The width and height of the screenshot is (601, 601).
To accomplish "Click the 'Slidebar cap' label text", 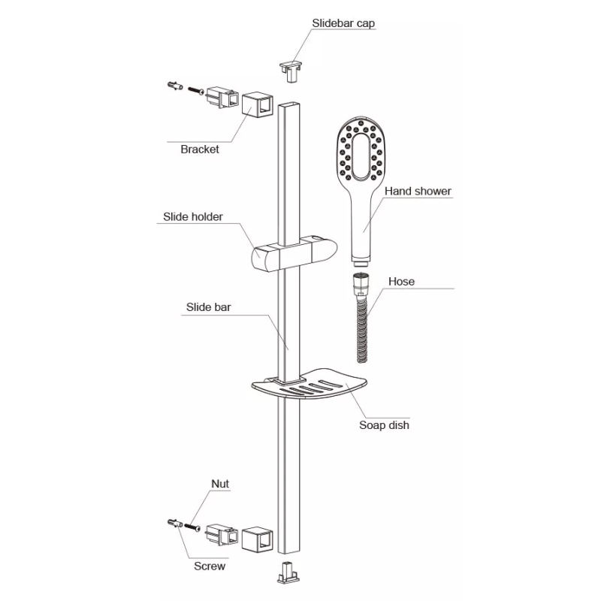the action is [343, 23].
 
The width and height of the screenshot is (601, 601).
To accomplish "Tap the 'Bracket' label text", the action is [200, 149].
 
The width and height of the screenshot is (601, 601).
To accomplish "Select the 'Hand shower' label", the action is [418, 191].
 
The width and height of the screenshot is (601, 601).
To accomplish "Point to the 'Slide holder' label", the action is [193, 216].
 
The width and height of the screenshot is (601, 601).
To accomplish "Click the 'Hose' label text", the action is [401, 281].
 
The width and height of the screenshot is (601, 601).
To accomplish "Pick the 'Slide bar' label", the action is [209, 307].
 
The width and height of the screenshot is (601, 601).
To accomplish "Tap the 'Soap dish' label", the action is [384, 425].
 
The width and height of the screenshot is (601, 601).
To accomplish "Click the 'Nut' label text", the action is [220, 484].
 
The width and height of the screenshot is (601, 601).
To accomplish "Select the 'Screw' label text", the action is [210, 566].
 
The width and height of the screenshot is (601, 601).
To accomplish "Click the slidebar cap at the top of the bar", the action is [291, 71].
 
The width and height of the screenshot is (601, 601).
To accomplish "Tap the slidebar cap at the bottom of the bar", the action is [288, 572].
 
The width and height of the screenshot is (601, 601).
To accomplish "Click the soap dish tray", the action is [309, 385].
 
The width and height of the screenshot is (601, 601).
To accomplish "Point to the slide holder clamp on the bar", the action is [294, 255].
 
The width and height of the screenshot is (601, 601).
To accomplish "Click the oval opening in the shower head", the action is [361, 156].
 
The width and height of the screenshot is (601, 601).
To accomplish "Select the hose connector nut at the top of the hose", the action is [361, 284].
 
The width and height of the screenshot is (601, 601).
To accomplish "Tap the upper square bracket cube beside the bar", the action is [258, 104].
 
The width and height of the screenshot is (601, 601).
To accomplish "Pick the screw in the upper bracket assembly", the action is [196, 90].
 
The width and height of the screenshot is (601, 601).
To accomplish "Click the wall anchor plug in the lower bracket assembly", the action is [175, 523].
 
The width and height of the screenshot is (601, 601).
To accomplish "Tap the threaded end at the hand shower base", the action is [361, 264].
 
